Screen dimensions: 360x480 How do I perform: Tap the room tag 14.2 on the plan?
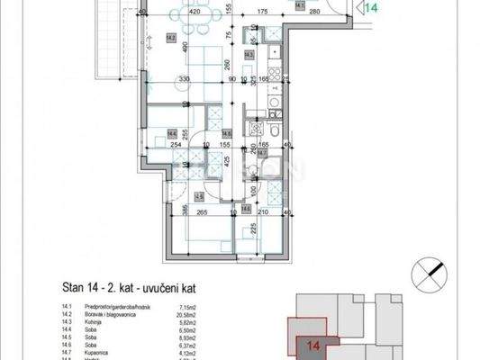click(171, 37)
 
